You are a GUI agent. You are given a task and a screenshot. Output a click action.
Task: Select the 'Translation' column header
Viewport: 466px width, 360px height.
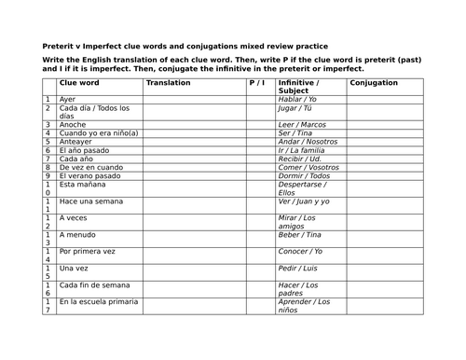click(x=168, y=83)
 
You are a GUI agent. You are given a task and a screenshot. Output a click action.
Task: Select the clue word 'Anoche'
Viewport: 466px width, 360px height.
click(x=72, y=124)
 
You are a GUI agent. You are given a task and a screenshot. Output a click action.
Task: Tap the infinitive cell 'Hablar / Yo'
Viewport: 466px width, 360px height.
click(x=300, y=99)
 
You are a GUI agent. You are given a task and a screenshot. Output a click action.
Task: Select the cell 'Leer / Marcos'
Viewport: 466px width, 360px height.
click(x=304, y=124)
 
